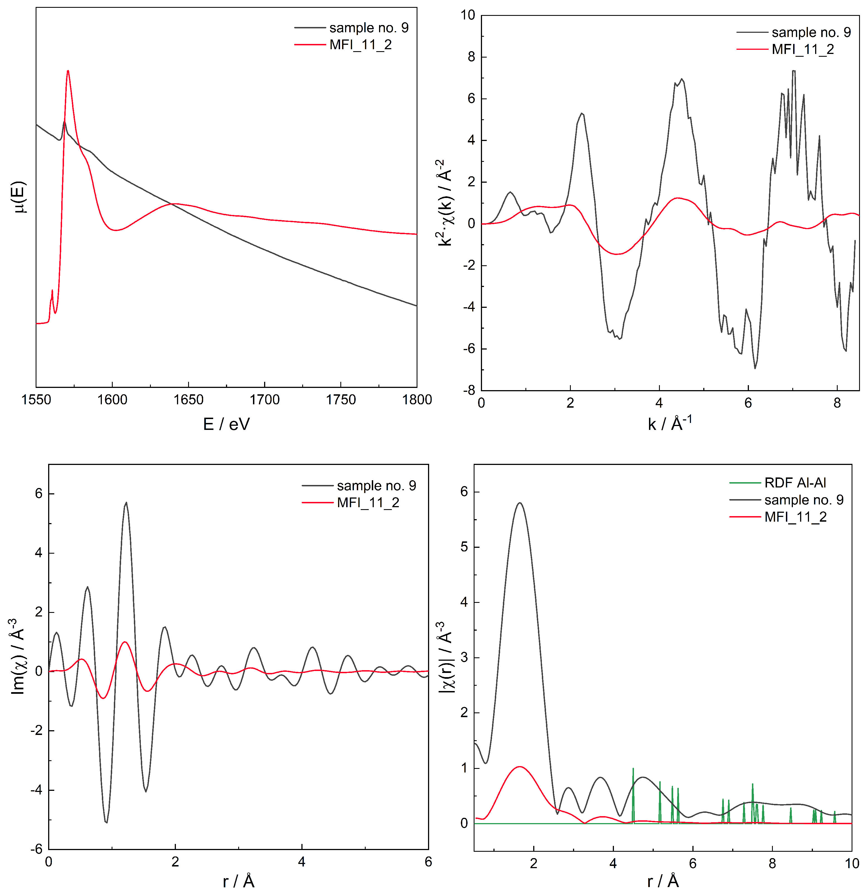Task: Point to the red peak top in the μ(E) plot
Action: point(68,71)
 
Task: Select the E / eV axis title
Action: point(226,424)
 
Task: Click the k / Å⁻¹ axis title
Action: point(670,423)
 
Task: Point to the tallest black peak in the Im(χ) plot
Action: point(126,503)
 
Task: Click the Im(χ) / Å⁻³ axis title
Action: point(17,657)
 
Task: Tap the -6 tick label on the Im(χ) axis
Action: point(36,849)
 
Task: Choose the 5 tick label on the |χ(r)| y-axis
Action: point(464,547)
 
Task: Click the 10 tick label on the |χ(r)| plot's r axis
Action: point(852,863)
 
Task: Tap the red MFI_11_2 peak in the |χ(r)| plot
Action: point(520,767)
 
